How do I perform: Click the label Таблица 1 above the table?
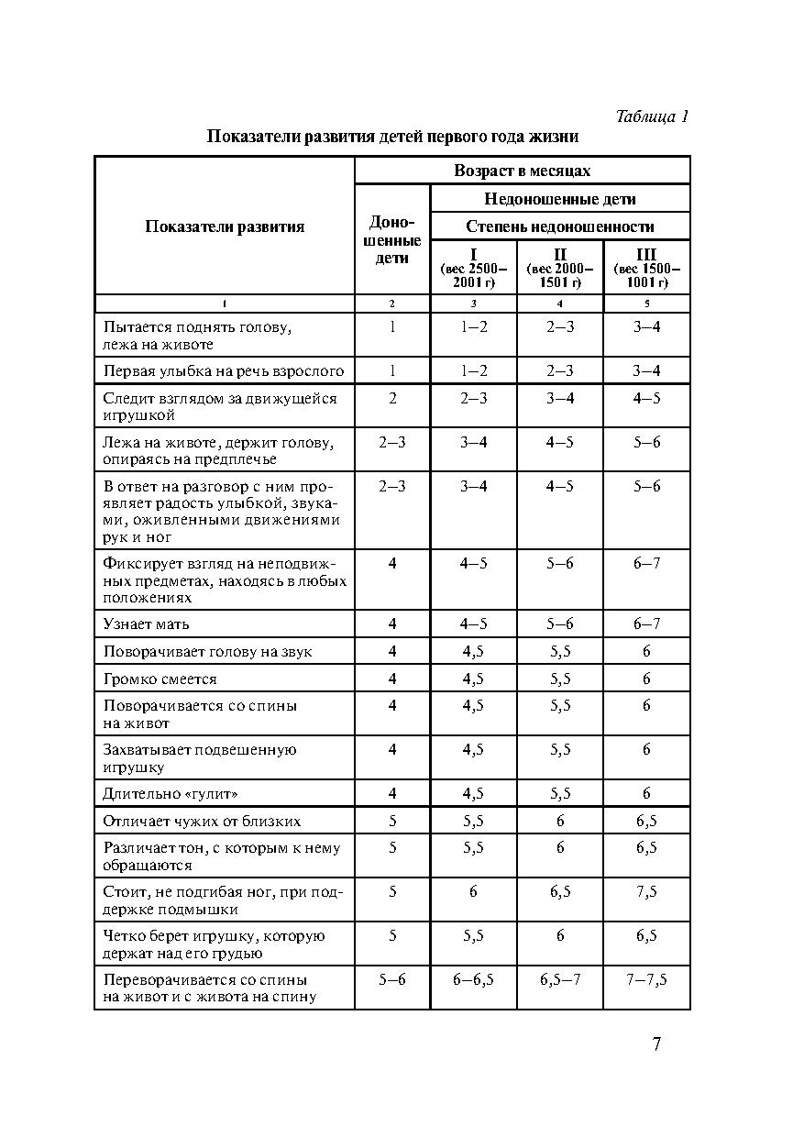point(652,116)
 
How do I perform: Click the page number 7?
point(656,1043)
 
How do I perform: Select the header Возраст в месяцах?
point(522,171)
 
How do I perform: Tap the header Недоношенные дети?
point(559,198)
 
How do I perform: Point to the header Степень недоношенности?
point(559,226)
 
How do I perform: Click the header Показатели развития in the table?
point(225,226)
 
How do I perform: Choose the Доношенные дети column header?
point(391,240)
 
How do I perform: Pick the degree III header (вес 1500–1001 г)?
point(646,267)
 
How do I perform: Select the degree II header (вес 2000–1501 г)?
point(559,267)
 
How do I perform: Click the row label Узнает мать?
point(147,624)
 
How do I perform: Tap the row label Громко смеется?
point(160,679)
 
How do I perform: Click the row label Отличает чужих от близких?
point(202,821)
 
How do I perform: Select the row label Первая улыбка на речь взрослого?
point(223,371)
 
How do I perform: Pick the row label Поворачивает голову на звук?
point(207,652)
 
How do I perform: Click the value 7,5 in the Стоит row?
point(646,891)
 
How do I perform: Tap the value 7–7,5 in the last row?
point(646,979)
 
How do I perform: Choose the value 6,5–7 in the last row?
point(559,979)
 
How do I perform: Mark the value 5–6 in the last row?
point(391,979)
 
